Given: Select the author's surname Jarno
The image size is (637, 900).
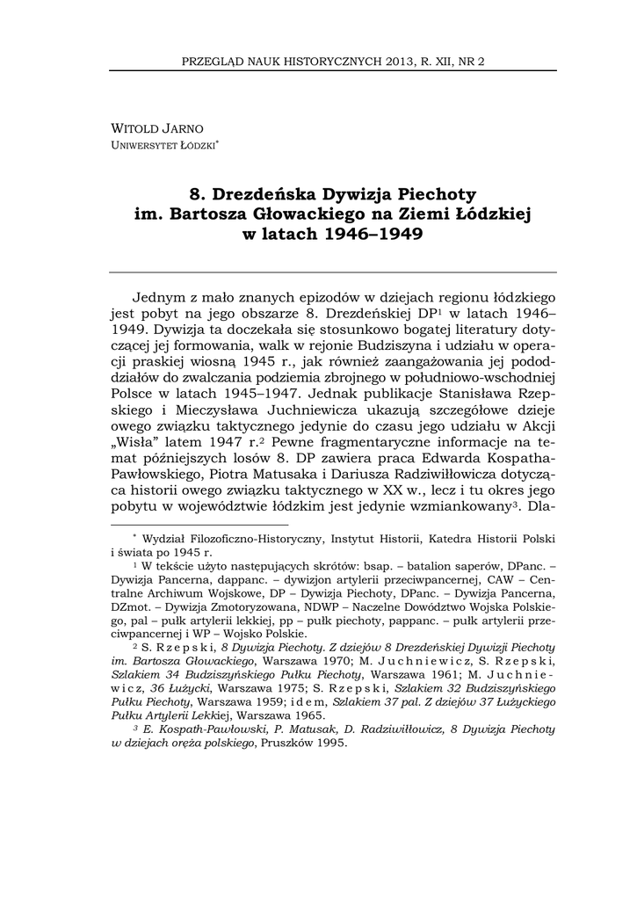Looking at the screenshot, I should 184,128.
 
